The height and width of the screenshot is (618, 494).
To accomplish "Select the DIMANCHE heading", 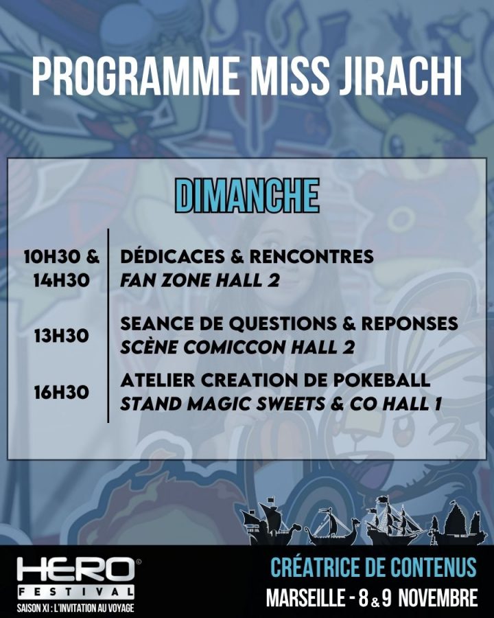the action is (246, 196).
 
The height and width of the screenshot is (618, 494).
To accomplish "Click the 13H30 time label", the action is (61, 336).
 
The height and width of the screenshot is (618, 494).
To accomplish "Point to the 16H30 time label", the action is (61, 393).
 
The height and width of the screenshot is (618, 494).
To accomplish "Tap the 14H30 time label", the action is (61, 281).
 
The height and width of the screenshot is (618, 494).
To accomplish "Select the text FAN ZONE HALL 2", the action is (200, 281).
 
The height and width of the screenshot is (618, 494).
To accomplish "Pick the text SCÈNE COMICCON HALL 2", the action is (237, 347).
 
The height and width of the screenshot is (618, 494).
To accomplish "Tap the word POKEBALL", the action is (381, 380).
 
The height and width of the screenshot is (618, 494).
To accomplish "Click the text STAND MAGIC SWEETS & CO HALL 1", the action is (281, 404).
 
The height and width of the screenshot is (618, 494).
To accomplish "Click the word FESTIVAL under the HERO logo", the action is (75, 592).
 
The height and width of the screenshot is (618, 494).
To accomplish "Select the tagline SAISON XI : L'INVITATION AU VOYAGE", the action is (75, 608).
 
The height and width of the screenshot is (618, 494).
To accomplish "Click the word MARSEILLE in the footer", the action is (305, 598).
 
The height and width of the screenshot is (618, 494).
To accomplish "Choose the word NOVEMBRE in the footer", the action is (438, 598).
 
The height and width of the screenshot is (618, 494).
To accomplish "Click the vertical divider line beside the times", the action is (108, 325).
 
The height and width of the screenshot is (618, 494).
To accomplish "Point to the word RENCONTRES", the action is (311, 256).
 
